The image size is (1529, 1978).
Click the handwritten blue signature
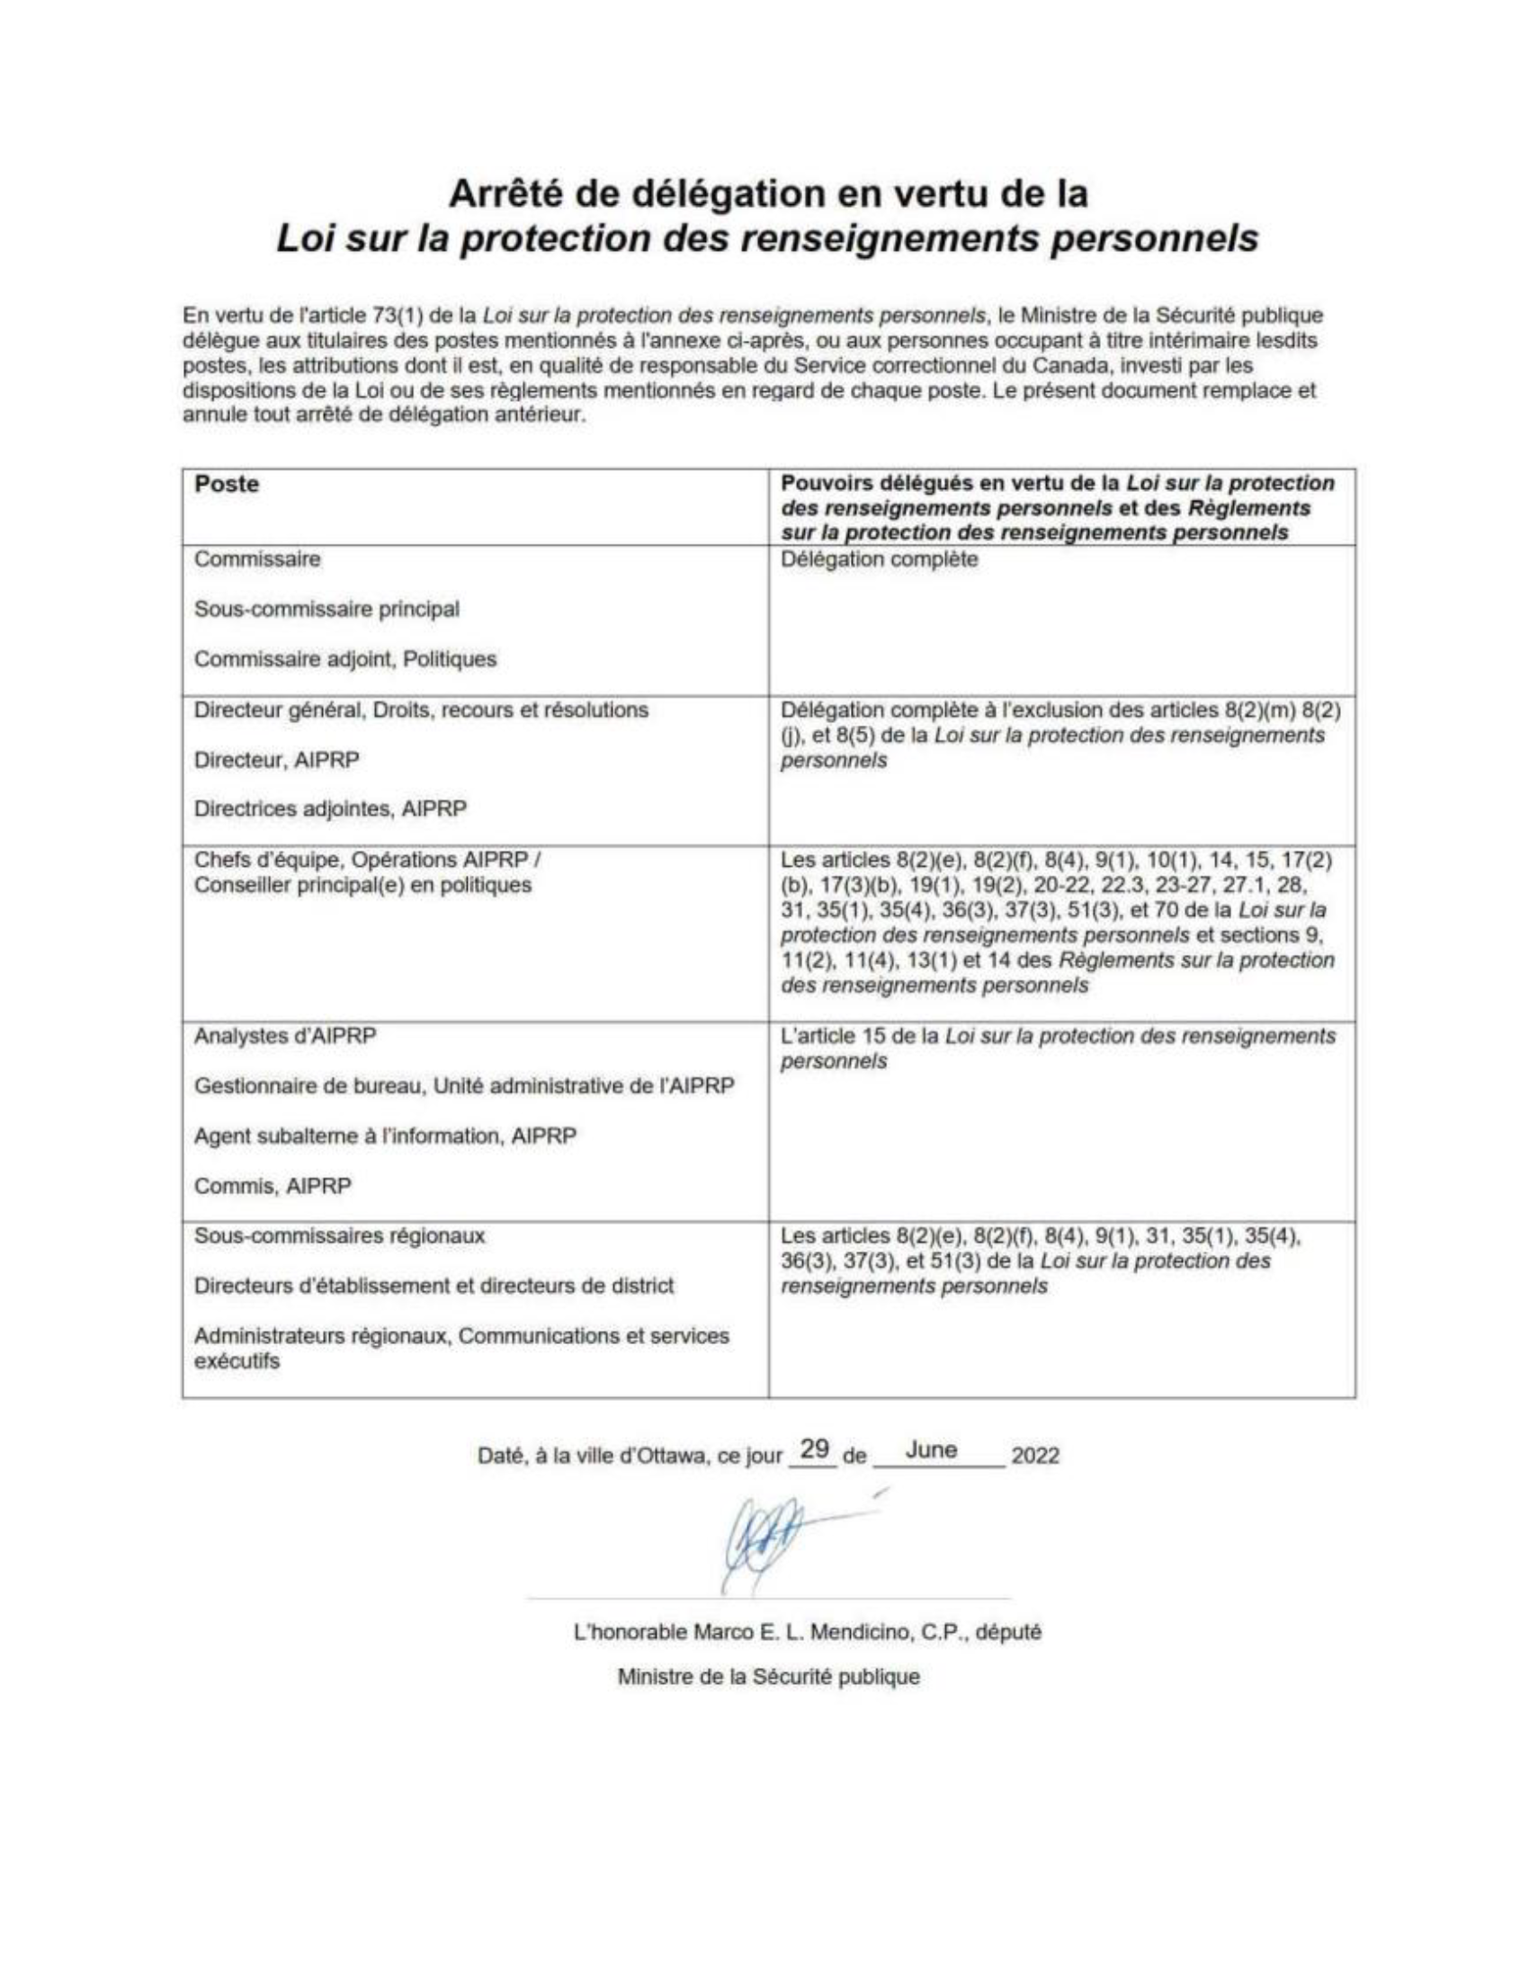point(761,1552)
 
